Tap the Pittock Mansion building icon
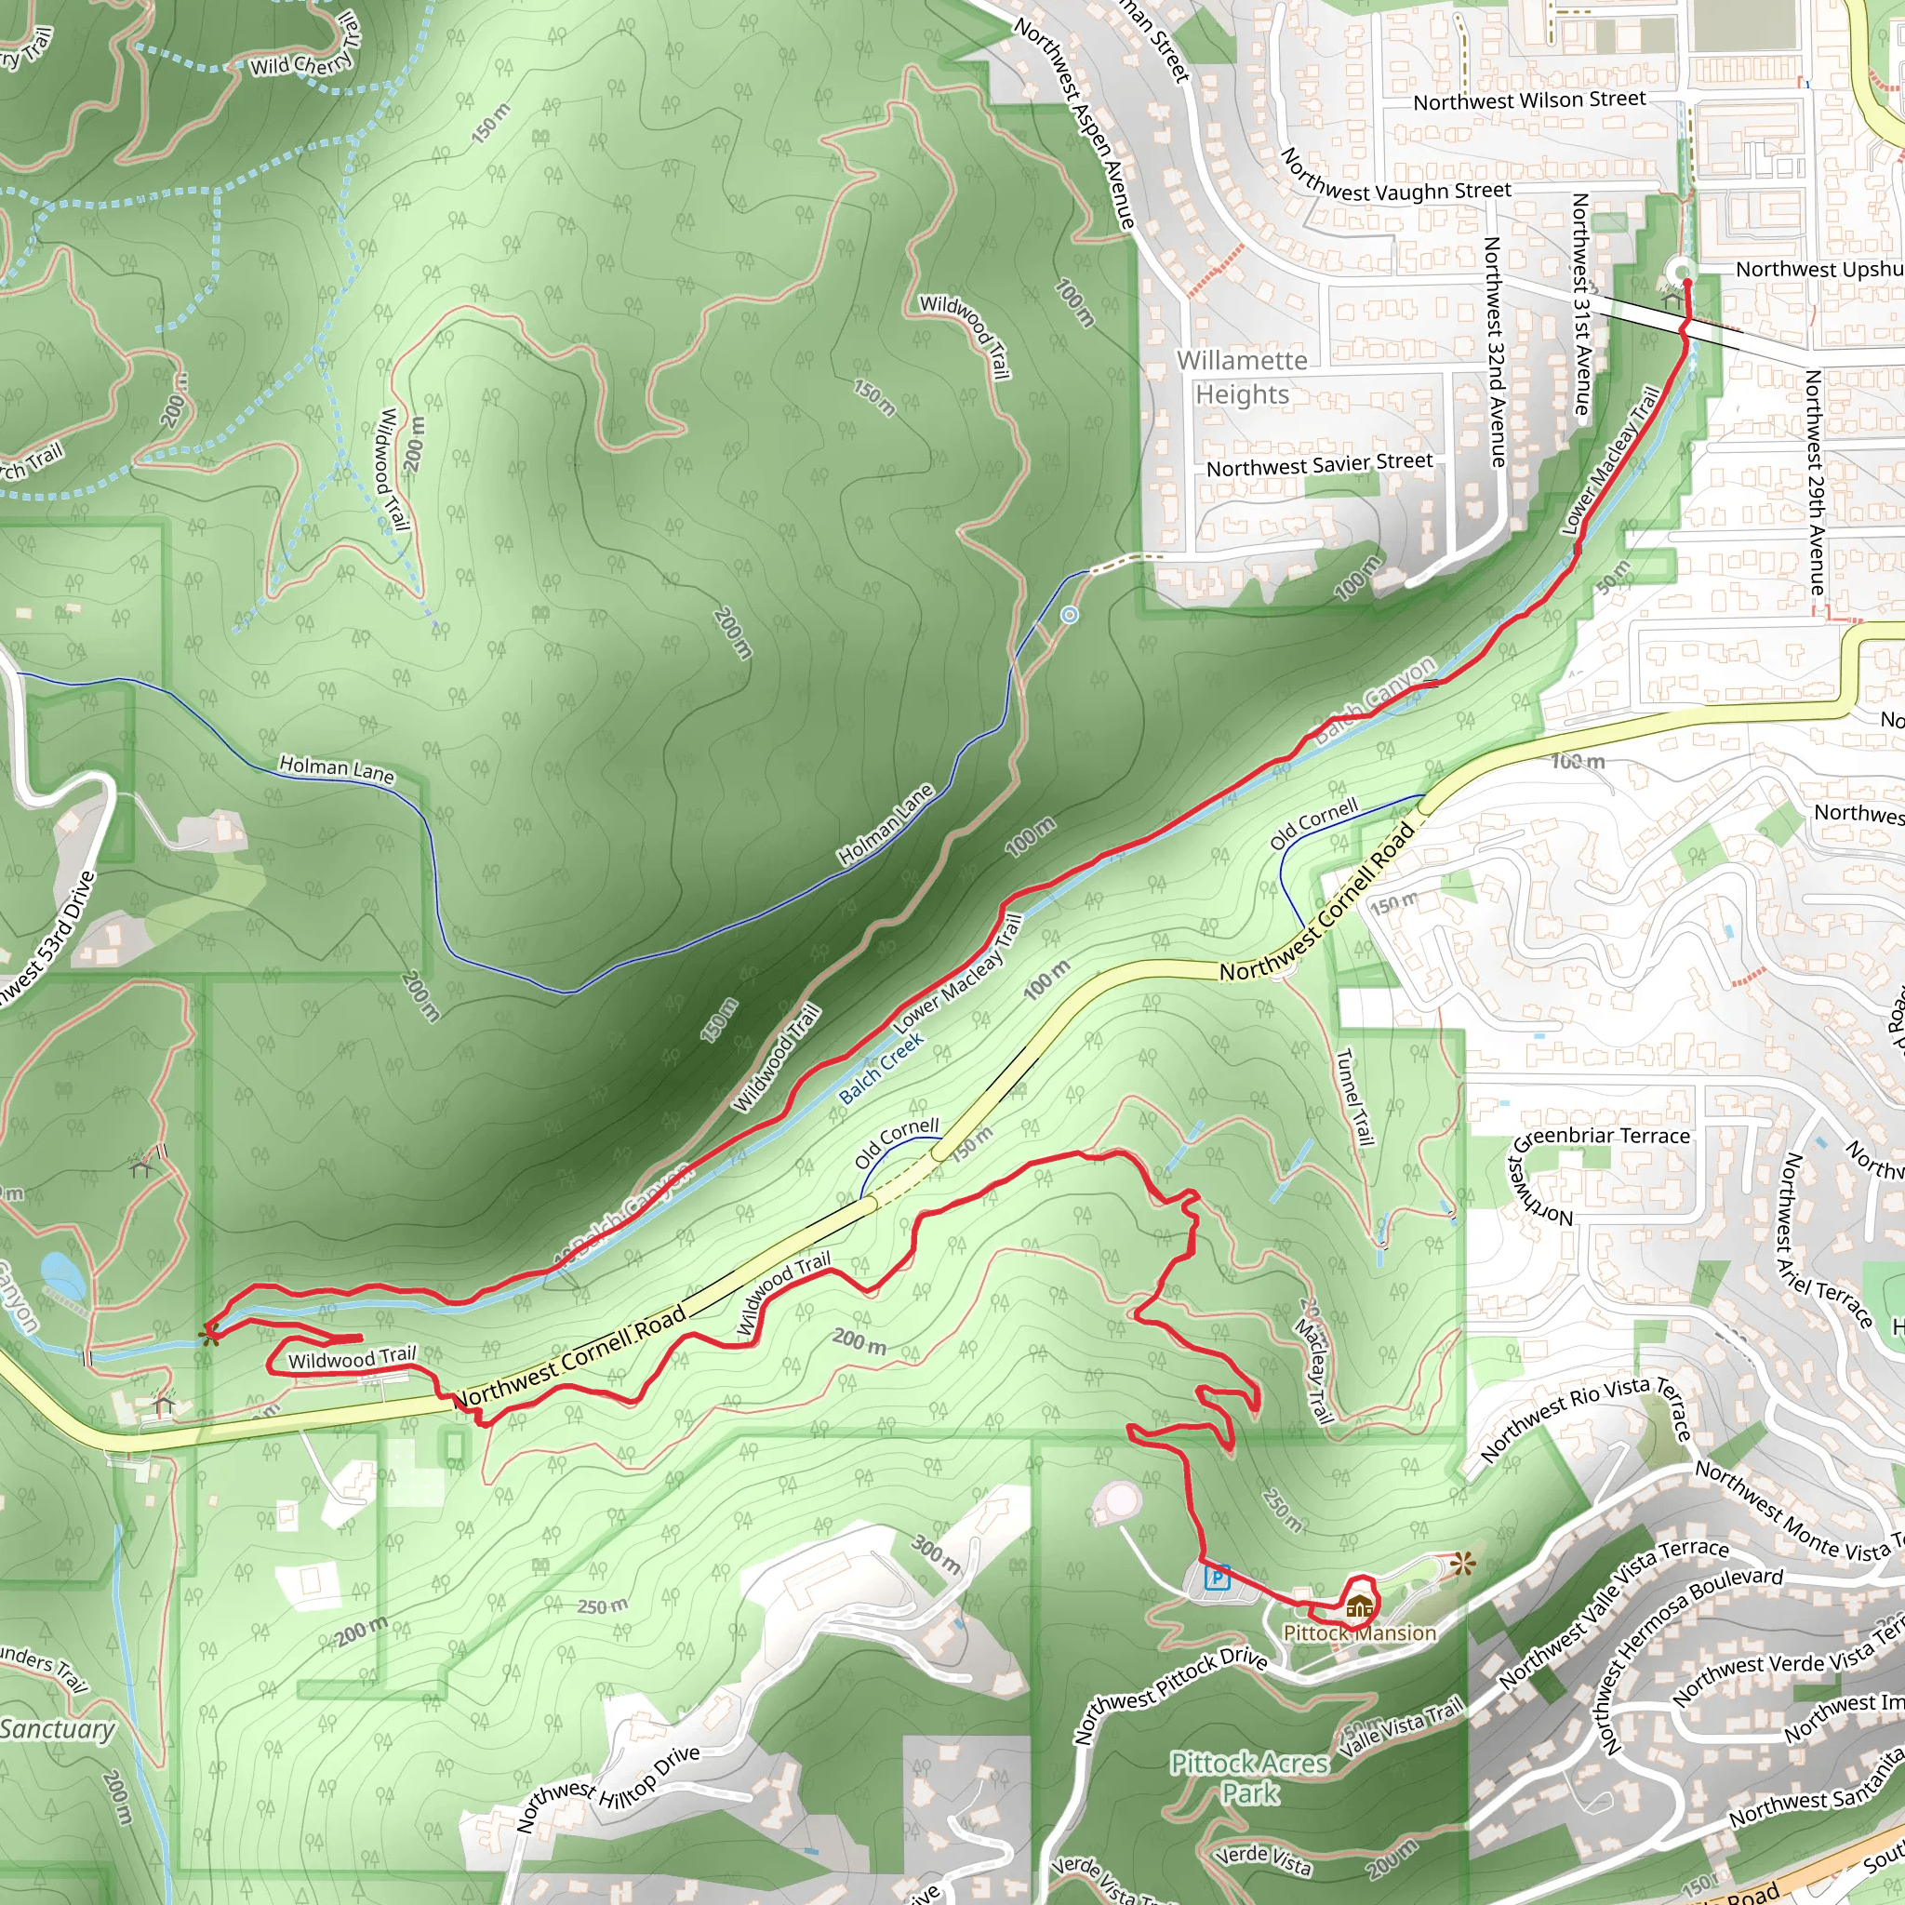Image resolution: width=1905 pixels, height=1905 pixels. (x=1359, y=1607)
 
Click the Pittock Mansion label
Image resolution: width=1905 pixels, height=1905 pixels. (x=1360, y=1632)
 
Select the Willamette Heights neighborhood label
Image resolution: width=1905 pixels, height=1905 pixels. (x=1243, y=378)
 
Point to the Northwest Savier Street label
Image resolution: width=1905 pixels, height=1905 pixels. (x=1319, y=464)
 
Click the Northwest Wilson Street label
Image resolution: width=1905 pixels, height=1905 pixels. (x=1529, y=100)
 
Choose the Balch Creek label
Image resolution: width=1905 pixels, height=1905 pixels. (x=881, y=1067)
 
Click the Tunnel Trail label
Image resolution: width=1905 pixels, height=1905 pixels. (x=1353, y=1097)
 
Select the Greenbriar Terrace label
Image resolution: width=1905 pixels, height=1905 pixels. (x=1603, y=1137)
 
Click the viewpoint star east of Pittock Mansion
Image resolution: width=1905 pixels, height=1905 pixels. (x=1463, y=1563)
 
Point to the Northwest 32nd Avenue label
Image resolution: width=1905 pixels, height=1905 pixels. (x=1496, y=351)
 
